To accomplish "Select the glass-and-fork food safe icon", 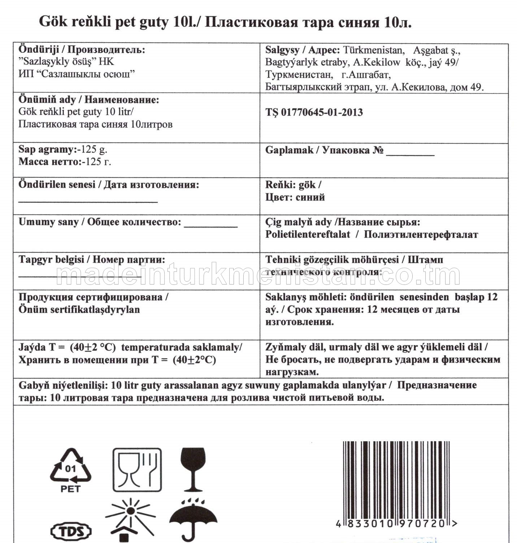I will (x=137, y=470).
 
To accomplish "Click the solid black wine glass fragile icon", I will (x=193, y=469).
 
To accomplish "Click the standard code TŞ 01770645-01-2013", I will (x=314, y=112).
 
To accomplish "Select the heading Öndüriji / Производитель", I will (x=82, y=49).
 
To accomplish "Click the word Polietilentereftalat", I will (x=308, y=234).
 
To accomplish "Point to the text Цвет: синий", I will (x=295, y=197).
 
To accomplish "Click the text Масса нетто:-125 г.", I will (x=65, y=161).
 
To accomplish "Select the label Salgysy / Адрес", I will (x=302, y=50).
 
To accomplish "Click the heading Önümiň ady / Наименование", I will (x=88, y=100).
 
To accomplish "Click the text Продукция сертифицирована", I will (x=93, y=297).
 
